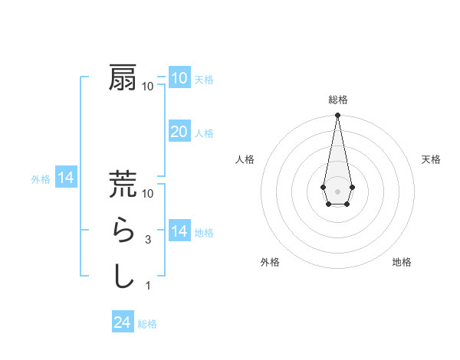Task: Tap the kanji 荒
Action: [x=123, y=184]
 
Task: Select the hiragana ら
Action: [x=123, y=230]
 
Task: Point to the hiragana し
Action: [x=123, y=276]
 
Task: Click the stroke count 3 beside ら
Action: [x=147, y=239]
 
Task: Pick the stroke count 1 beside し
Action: [x=147, y=286]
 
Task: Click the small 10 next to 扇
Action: [x=147, y=86]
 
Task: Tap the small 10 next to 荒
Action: [x=149, y=193]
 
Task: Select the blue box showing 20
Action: [x=179, y=132]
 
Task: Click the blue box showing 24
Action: [x=123, y=322]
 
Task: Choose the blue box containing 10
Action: [x=179, y=77]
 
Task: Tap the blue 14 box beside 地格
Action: [x=179, y=231]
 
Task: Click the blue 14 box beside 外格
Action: [x=66, y=178]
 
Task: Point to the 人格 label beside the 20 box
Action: [x=204, y=133]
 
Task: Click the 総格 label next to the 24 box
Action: [x=147, y=324]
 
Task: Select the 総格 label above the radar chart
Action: [x=337, y=100]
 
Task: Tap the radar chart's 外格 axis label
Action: [x=270, y=262]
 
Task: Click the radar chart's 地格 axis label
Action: [x=402, y=262]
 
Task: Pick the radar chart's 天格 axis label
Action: [x=431, y=159]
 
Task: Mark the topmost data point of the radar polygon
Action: [x=337, y=116]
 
